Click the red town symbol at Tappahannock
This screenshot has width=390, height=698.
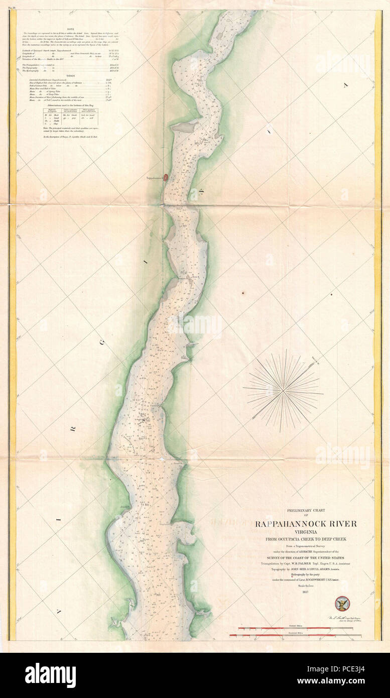click(167, 178)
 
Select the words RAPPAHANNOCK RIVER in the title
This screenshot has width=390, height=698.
click(306, 524)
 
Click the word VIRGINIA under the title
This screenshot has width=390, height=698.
click(306, 532)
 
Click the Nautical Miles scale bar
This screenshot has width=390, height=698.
click(296, 636)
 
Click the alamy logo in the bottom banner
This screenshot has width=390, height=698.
click(50, 675)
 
